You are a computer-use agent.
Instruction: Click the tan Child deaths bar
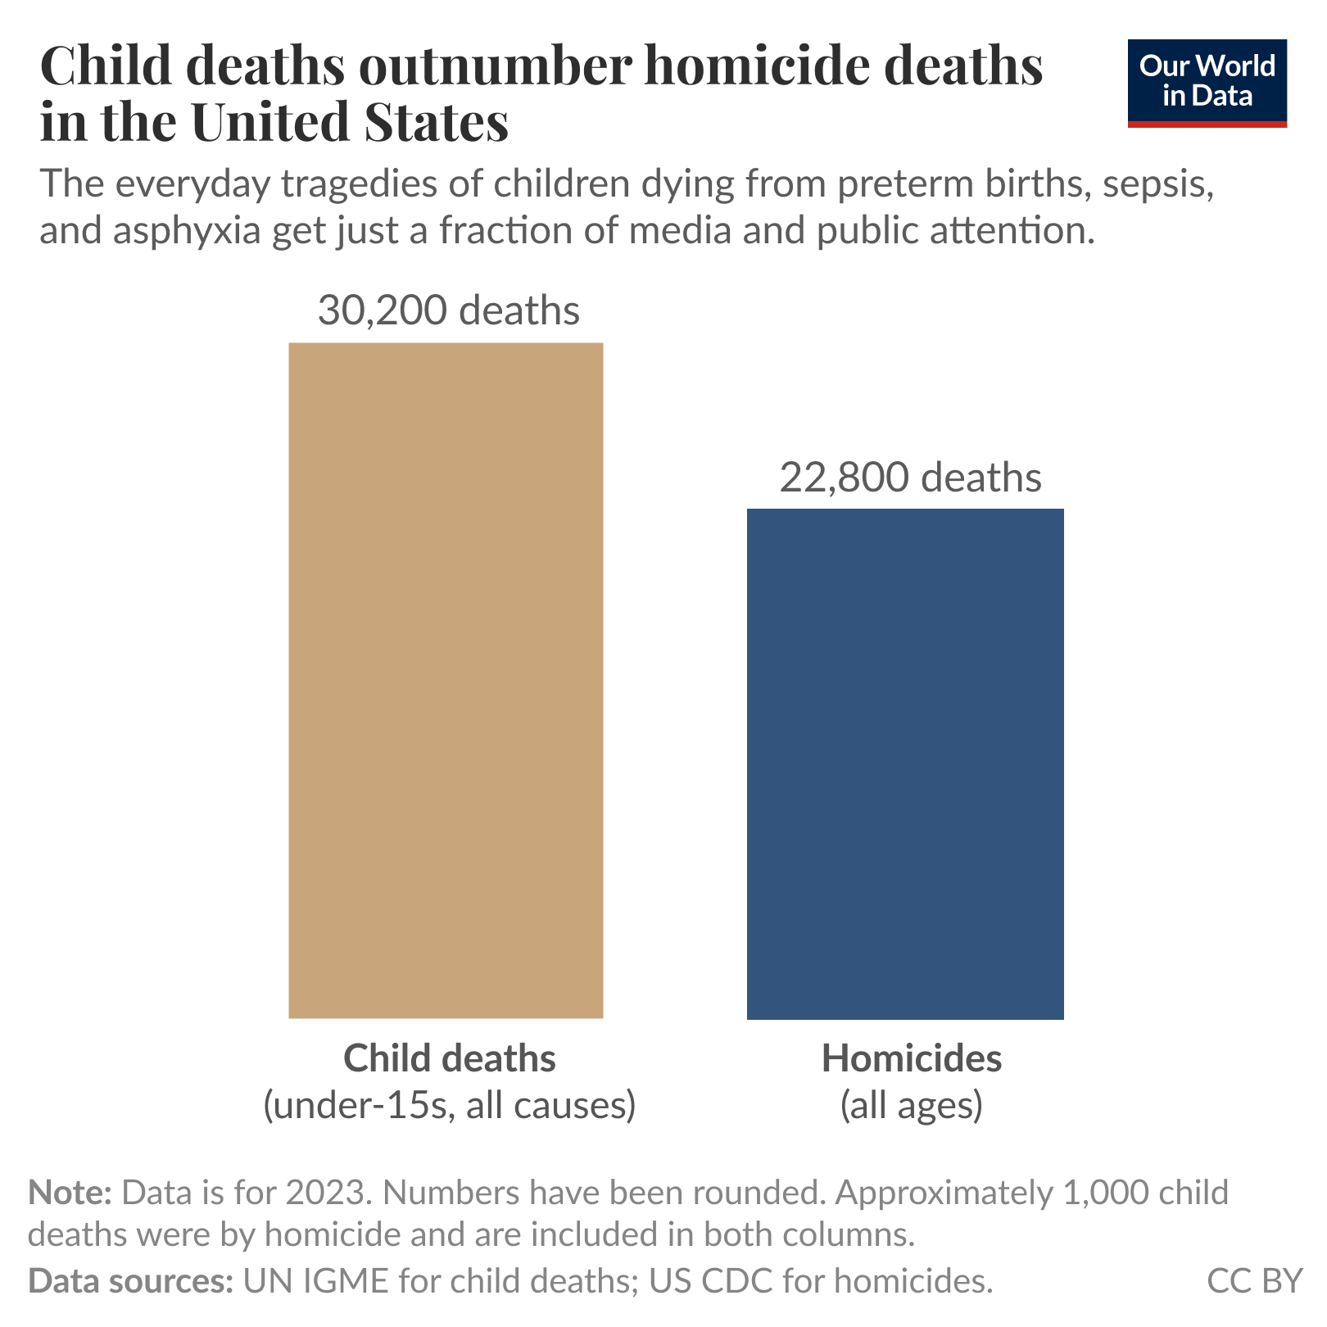point(446,680)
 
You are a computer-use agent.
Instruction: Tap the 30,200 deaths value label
point(448,311)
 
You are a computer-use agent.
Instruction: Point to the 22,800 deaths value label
point(910,478)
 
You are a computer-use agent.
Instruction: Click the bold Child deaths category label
point(449,1058)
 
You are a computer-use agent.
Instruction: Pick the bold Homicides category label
point(911,1058)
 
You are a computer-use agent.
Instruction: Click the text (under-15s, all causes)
point(449,1105)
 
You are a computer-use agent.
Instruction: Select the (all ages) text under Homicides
point(911,1105)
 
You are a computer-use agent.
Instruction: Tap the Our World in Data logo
point(1207,83)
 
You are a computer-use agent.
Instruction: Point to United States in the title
point(350,122)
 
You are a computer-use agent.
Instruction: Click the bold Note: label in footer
point(69,1193)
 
